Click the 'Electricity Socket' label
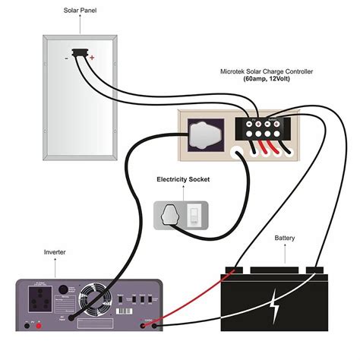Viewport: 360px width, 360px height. [184, 180]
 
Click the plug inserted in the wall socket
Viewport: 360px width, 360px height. [172, 216]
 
